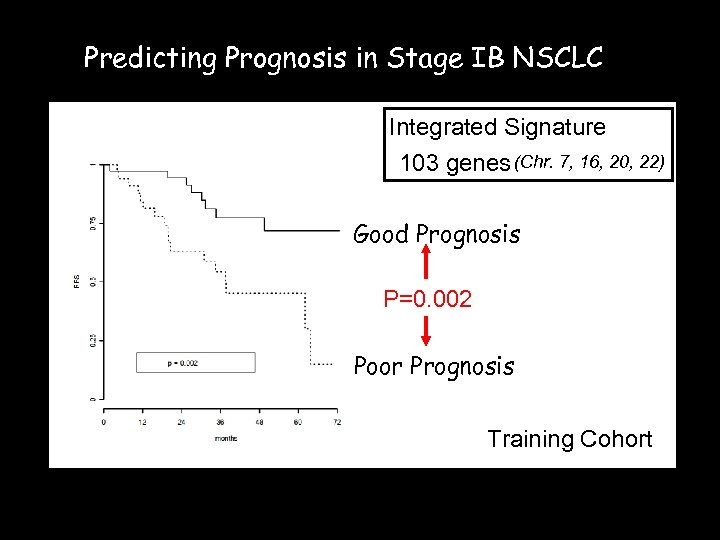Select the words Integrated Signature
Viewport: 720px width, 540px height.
497,127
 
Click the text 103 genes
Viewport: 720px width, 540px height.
454,163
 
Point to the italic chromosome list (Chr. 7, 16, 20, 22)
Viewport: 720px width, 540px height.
589,161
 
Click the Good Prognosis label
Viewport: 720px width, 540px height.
436,235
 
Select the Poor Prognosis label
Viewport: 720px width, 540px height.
434,367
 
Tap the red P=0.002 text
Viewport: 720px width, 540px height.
428,299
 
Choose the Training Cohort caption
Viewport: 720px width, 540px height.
569,439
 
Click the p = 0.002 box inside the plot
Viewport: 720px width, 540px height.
196,362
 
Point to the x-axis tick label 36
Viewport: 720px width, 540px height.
220,422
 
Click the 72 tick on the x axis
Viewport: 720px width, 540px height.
337,422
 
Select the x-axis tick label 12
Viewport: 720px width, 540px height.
143,422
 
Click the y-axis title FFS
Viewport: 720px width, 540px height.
76,282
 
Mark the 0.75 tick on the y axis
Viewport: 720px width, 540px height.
93,222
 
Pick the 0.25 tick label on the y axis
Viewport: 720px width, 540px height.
93,341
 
